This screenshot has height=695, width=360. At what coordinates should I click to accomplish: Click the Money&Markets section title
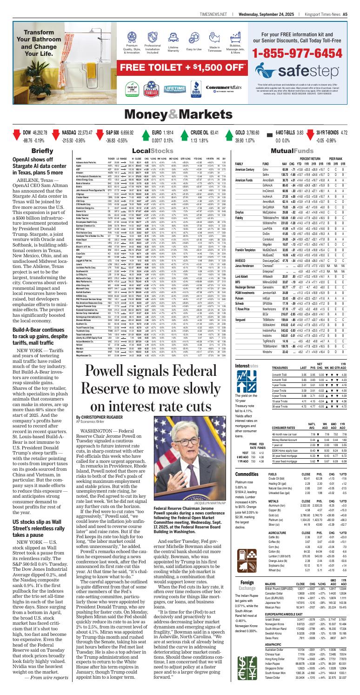pyautogui.click(x=180, y=113)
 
